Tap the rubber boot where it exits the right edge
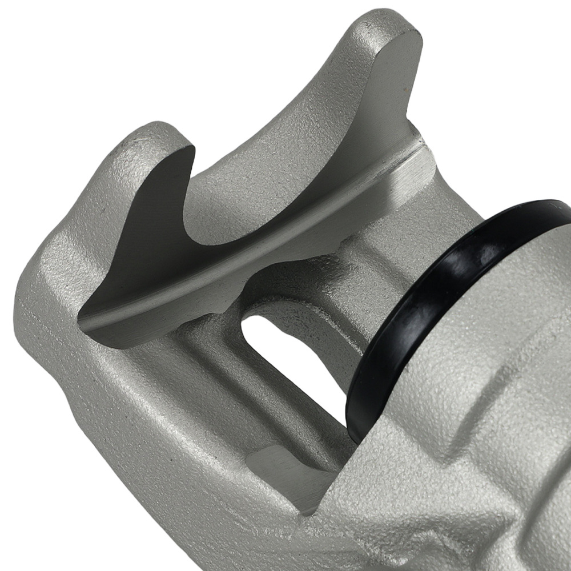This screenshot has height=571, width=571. click(562, 208)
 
